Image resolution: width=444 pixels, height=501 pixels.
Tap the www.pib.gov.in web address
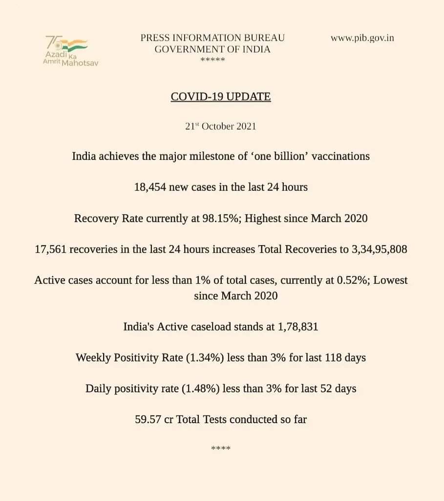[362, 38]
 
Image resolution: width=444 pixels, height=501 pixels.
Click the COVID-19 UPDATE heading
[221, 96]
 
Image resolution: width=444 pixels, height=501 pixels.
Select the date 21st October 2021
[221, 126]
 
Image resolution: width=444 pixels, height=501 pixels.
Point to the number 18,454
[150, 187]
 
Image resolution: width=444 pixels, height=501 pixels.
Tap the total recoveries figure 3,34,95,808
[380, 250]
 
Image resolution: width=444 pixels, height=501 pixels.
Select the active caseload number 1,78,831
[298, 326]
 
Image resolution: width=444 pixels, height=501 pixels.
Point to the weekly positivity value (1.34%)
[204, 358]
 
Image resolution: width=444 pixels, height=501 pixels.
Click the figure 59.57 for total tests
[148, 419]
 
